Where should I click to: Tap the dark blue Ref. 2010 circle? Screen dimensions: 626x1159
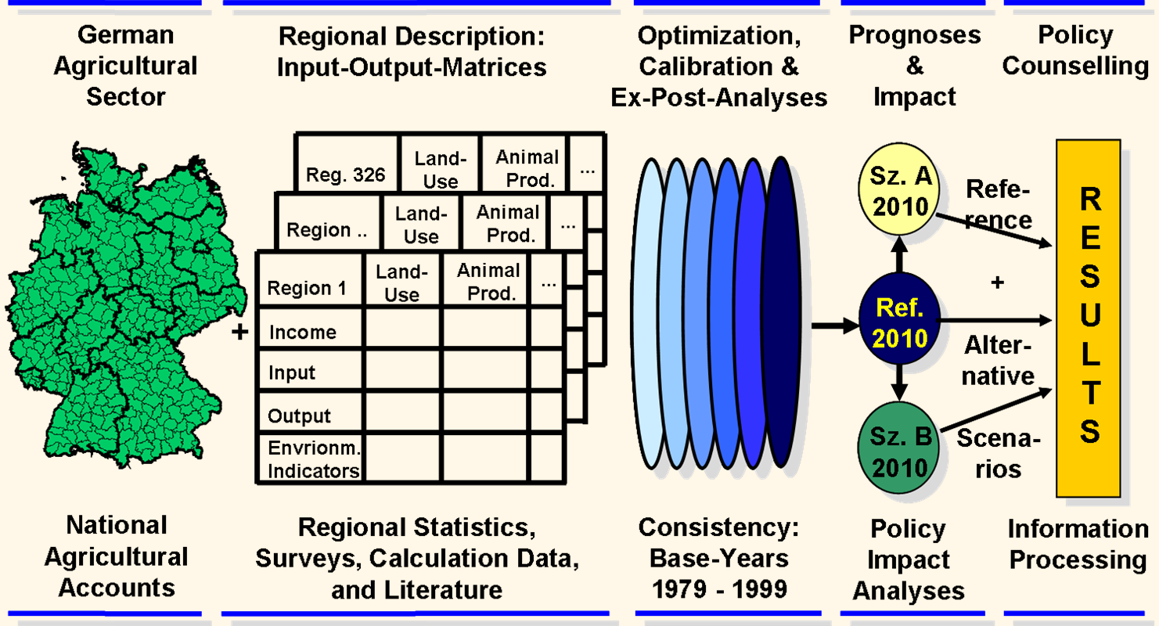[x=901, y=322]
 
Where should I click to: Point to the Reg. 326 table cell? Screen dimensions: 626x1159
[x=347, y=174]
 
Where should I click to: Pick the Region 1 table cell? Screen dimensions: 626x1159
[x=308, y=288]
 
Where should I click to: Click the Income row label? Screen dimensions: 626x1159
[x=304, y=333]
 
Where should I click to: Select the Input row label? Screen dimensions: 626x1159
[x=293, y=373]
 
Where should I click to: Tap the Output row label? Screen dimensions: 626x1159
[x=300, y=416]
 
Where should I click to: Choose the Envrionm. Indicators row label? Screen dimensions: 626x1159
[x=313, y=459]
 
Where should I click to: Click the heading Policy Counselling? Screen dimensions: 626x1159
[x=1074, y=51]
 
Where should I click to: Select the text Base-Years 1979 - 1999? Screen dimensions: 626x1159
[x=719, y=574]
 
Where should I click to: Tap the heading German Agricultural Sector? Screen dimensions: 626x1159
[x=125, y=67]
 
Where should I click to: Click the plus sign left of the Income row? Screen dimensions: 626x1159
[x=240, y=333]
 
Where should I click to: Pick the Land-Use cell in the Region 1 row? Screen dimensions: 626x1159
[x=402, y=283]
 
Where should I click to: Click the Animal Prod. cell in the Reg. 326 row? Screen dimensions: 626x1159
[x=527, y=168]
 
